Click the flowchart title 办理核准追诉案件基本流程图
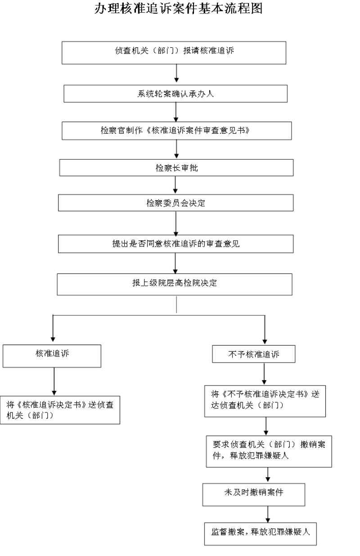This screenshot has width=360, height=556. pos(179,9)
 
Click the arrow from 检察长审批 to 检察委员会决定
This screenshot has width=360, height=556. pos(175,185)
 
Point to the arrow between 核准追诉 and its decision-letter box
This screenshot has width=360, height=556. pos(54,382)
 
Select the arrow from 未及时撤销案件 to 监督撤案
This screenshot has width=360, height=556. pos(268,514)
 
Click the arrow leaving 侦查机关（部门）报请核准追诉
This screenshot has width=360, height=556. pos(176,73)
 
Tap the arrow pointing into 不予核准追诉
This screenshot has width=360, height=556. pos(265,330)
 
